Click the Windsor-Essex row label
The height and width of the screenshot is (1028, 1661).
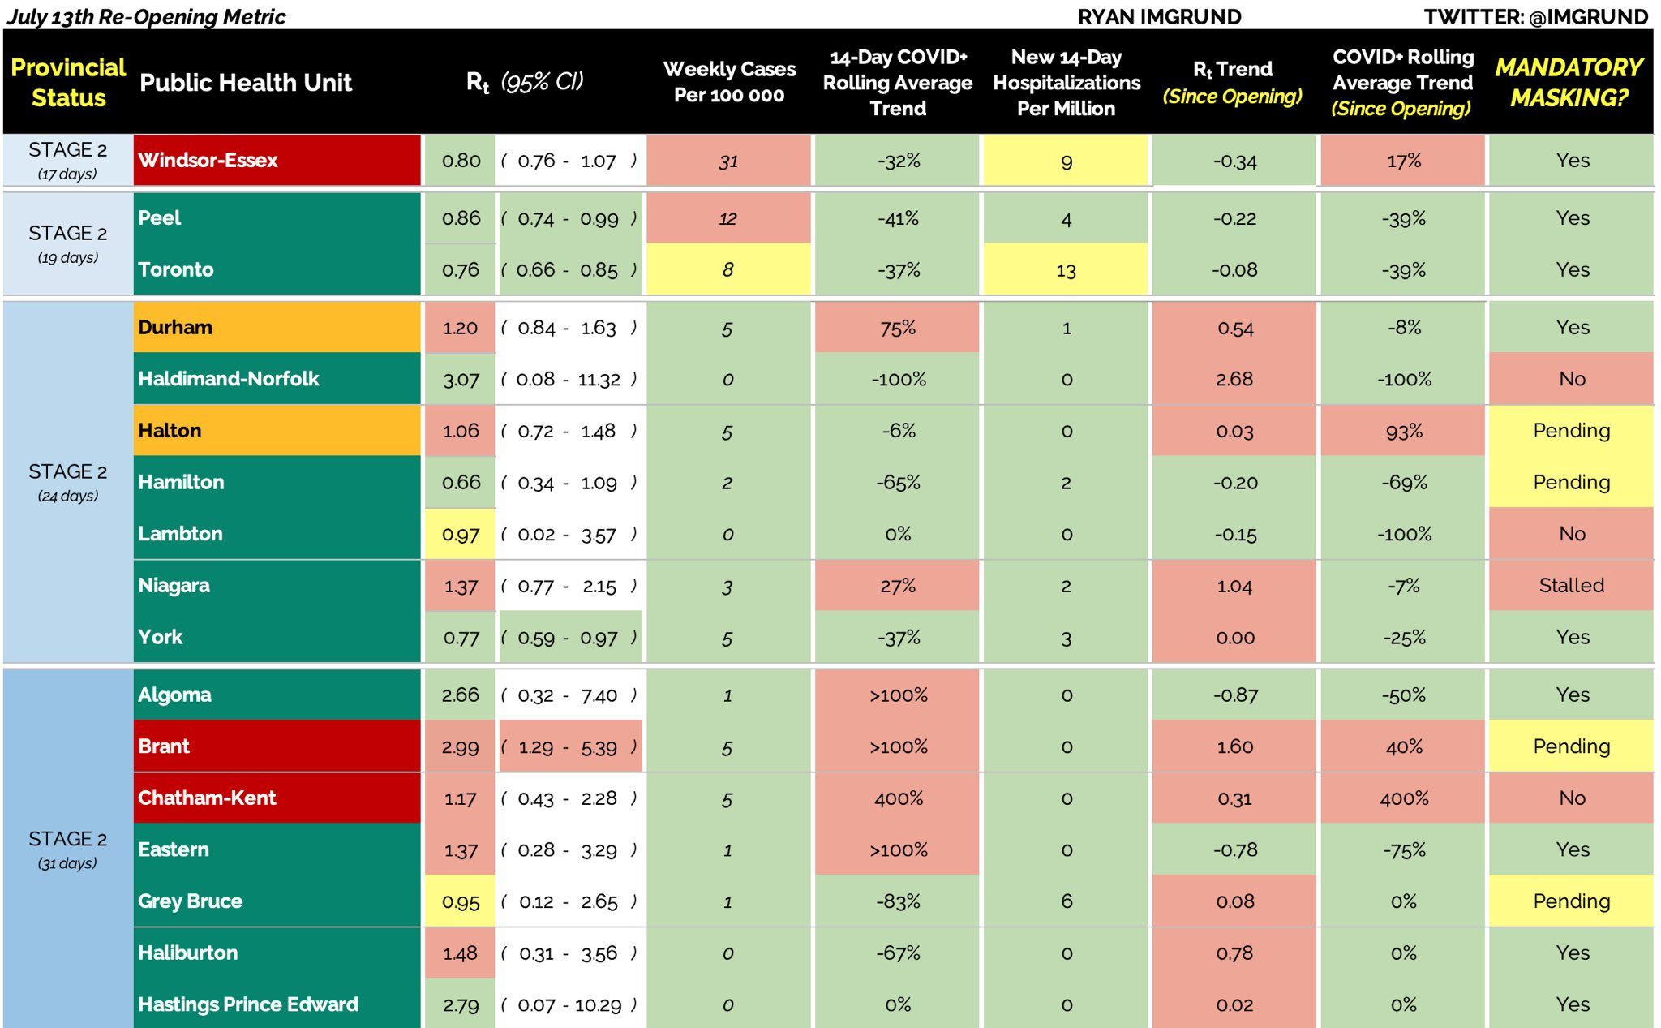[208, 161]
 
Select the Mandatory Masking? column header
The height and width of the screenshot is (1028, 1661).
[1569, 82]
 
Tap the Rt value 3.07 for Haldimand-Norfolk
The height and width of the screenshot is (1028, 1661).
[460, 380]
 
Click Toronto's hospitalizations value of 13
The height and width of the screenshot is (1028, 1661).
[1066, 270]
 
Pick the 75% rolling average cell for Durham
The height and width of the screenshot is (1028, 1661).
[897, 328]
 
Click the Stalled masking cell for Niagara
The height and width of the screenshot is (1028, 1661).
[1571, 586]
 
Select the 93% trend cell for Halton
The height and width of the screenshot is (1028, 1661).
[1403, 431]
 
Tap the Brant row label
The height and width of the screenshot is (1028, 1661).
[164, 746]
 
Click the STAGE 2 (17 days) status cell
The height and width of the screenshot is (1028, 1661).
[67, 161]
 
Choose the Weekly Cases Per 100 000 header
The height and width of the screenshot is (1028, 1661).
[729, 82]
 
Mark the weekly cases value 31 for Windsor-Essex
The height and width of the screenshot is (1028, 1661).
[728, 161]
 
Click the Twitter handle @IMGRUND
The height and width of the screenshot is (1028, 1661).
[1535, 17]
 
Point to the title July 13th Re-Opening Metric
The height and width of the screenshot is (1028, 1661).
[146, 17]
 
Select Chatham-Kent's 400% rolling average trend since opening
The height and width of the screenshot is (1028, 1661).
[1403, 798]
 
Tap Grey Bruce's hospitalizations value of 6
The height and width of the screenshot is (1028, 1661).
[1066, 901]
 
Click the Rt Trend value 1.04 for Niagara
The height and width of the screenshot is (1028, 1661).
[1234, 586]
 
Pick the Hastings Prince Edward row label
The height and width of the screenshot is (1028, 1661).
[248, 1004]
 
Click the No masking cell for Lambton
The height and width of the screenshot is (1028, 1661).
[1571, 534]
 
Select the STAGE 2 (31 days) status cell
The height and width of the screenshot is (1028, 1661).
[67, 849]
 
